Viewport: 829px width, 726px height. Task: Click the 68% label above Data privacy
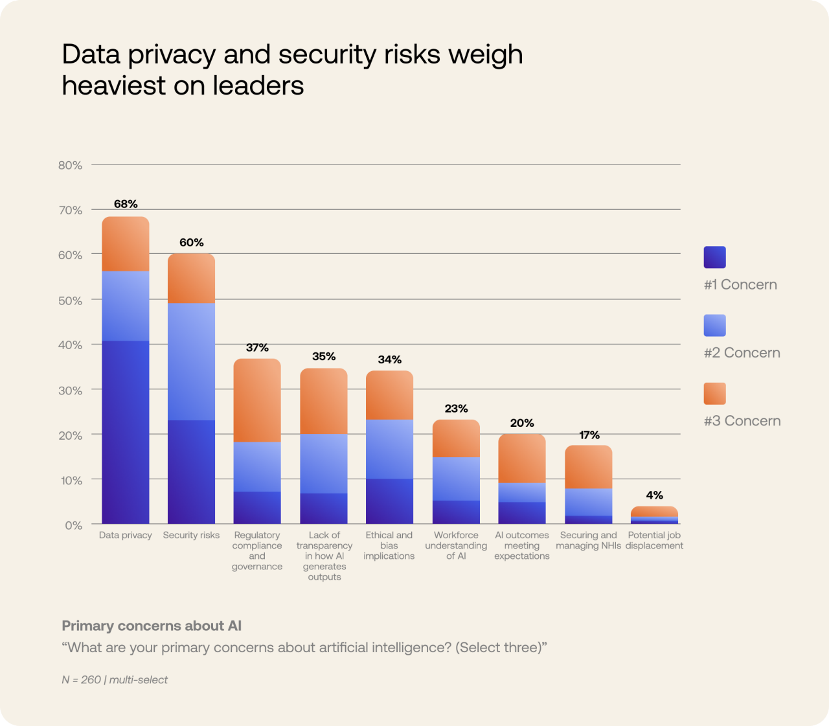pyautogui.click(x=126, y=204)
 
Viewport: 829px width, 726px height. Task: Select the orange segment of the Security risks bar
pyautogui.click(x=191, y=278)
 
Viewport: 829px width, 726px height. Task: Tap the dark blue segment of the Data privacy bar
pyautogui.click(x=126, y=432)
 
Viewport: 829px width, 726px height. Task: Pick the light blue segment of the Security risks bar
pyautogui.click(x=191, y=361)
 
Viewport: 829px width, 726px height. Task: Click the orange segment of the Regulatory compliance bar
pyautogui.click(x=257, y=400)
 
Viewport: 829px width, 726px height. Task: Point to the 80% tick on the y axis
pyautogui.click(x=70, y=165)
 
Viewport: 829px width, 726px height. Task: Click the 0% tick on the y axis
pyautogui.click(x=73, y=525)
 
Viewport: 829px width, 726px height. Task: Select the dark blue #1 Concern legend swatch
pyautogui.click(x=714, y=257)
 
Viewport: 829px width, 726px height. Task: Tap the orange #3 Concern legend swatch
pyautogui.click(x=714, y=393)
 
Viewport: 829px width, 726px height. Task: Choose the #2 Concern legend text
pyautogui.click(x=742, y=353)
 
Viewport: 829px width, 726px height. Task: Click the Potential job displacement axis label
pyautogui.click(x=654, y=540)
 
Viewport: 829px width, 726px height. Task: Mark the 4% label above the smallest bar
pyautogui.click(x=654, y=495)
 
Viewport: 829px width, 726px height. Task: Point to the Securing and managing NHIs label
pyautogui.click(x=588, y=540)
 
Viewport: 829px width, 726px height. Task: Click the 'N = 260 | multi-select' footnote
pyautogui.click(x=115, y=679)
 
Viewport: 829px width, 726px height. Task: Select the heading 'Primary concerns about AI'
pyautogui.click(x=152, y=626)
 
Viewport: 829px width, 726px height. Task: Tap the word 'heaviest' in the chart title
pyautogui.click(x=114, y=85)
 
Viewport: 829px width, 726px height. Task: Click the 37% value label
pyautogui.click(x=257, y=348)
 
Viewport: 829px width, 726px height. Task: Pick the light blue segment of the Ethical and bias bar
pyautogui.click(x=389, y=449)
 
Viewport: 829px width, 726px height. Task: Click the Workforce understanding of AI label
pyautogui.click(x=456, y=545)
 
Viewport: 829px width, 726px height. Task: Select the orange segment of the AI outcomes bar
pyautogui.click(x=522, y=459)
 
